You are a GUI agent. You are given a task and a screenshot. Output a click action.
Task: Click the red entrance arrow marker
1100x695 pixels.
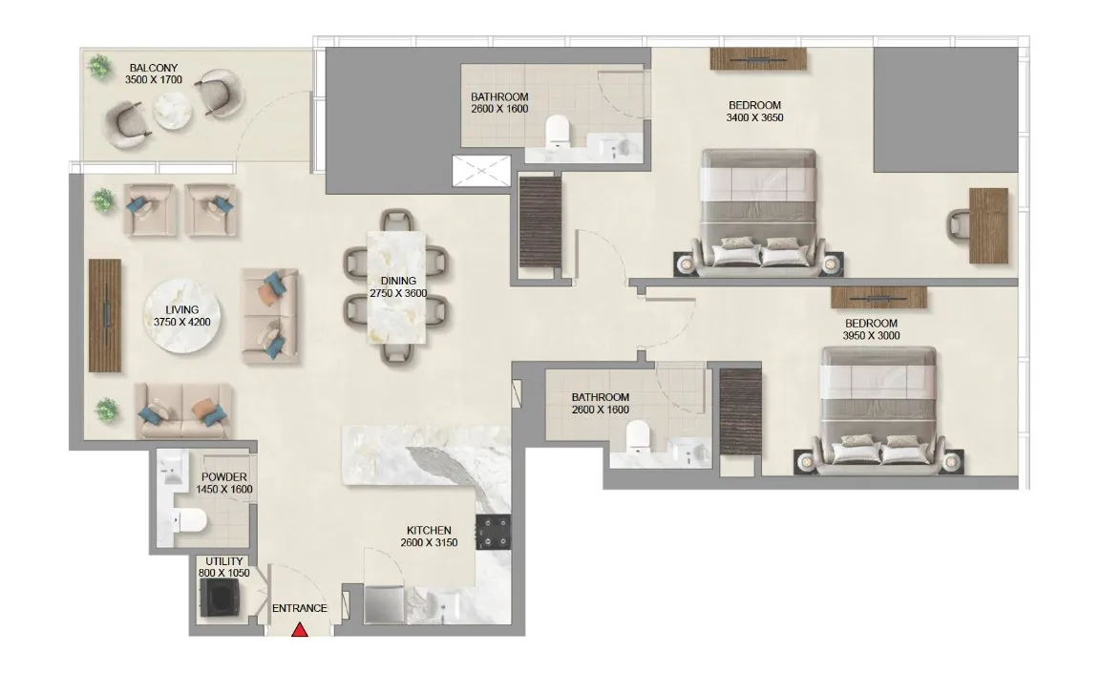click(x=300, y=629)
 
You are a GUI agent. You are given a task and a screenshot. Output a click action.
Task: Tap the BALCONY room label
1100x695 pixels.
click(x=153, y=68)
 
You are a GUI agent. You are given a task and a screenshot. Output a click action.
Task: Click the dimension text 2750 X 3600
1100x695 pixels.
click(x=397, y=293)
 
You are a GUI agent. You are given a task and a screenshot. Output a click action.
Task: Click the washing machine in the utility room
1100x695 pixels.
click(x=219, y=600)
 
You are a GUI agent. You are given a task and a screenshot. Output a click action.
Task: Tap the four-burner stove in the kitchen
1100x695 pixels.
click(x=496, y=532)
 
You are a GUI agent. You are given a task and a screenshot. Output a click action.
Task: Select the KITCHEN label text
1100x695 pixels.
click(x=429, y=531)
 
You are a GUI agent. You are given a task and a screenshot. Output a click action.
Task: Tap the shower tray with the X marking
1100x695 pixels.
click(x=482, y=173)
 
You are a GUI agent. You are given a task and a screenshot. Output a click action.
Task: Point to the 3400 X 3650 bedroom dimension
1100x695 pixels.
click(x=754, y=118)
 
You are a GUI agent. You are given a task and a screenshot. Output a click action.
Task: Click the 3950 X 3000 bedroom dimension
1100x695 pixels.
click(x=870, y=336)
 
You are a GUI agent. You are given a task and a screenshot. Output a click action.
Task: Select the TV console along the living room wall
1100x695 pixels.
click(x=106, y=315)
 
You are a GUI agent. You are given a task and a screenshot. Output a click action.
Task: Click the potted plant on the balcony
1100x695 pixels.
click(x=98, y=67)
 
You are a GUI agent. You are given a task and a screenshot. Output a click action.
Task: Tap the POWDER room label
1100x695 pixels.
click(x=224, y=477)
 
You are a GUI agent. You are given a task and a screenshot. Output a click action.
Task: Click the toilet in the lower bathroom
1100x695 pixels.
click(x=637, y=437)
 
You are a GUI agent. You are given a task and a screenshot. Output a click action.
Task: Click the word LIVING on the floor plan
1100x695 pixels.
click(x=181, y=310)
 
